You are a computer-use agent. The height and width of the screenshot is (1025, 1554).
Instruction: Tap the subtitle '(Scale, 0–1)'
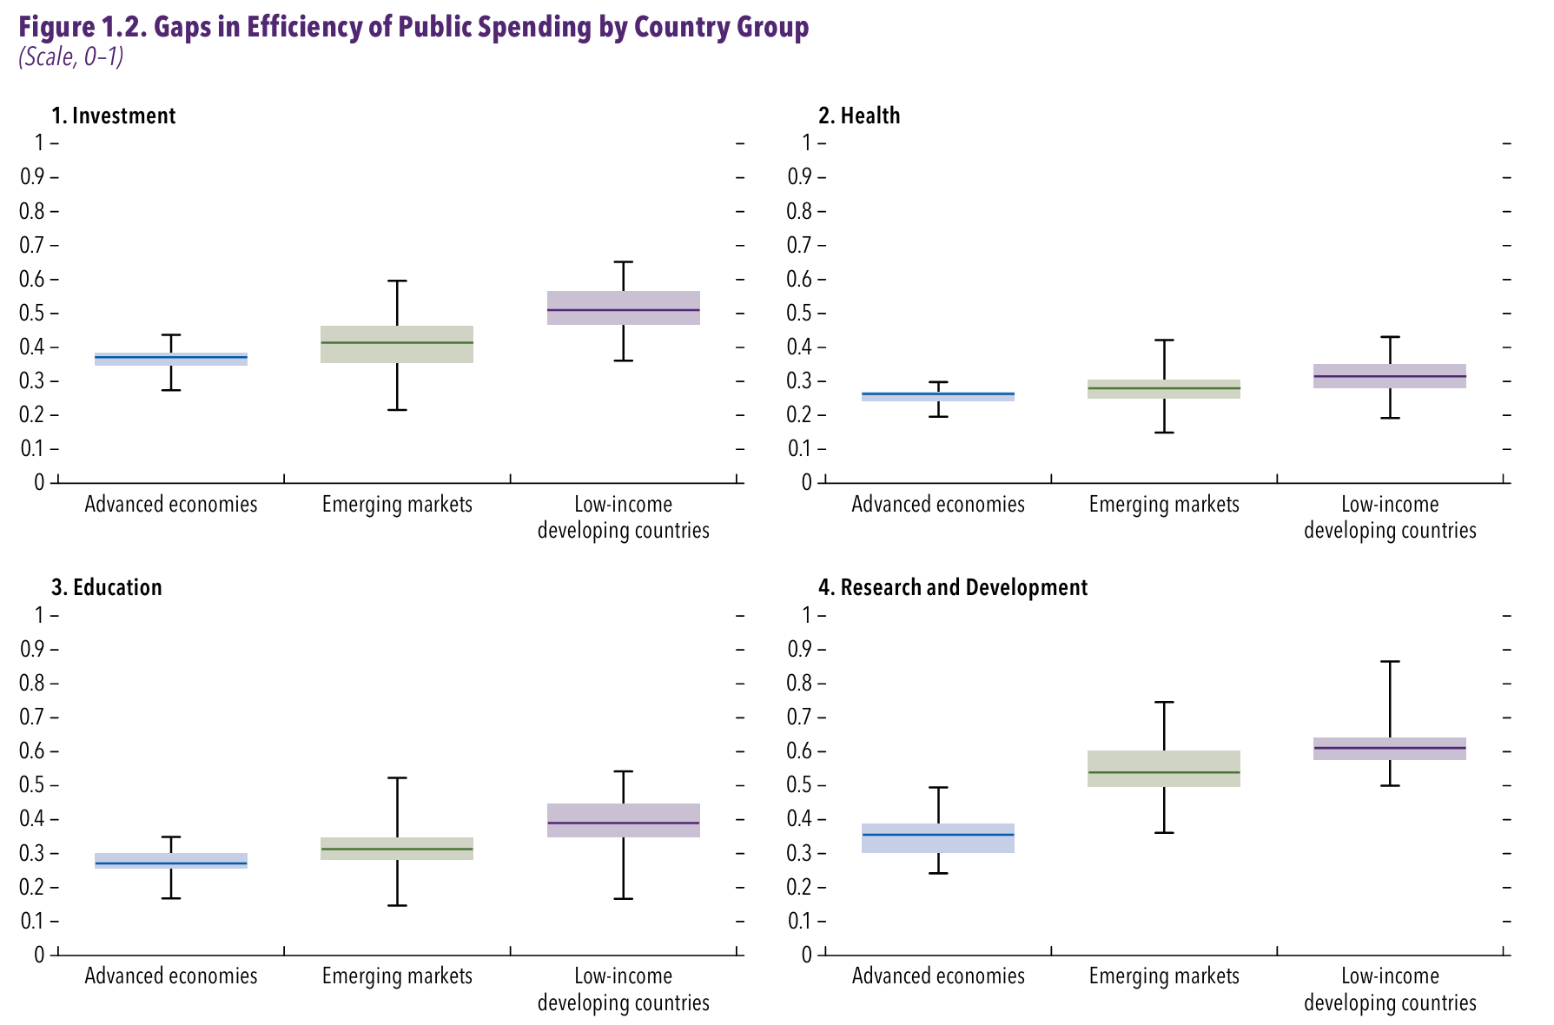[x=71, y=57]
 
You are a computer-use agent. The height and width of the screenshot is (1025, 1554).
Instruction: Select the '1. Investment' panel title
[x=114, y=116]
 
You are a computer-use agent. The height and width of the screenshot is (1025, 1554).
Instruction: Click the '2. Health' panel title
[x=859, y=116]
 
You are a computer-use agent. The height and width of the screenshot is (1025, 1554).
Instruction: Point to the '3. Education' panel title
[x=107, y=588]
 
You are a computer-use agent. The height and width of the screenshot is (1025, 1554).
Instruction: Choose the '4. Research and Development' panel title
[x=953, y=588]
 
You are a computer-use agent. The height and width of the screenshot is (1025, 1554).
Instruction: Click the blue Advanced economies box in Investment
[x=171, y=359]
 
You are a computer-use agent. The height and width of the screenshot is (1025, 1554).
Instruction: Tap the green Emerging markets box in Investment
[x=397, y=344]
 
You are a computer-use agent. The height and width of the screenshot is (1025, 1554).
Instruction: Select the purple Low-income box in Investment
[x=624, y=307]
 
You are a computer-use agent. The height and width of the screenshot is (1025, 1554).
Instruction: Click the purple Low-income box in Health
[x=1390, y=376]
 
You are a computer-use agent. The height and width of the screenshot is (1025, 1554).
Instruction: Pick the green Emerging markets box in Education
[x=397, y=849]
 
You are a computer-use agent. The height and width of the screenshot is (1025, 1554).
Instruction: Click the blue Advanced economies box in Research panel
[x=938, y=838]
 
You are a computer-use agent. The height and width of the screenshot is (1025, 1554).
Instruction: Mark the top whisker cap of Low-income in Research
[x=1390, y=662]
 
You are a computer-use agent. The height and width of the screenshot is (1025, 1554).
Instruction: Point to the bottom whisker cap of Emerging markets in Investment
[x=397, y=409]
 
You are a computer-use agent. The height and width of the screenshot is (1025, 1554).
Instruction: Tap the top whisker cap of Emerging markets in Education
[x=397, y=777]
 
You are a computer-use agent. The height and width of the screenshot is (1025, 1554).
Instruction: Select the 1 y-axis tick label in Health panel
[x=807, y=142]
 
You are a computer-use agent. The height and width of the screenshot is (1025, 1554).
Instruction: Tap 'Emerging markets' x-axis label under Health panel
[x=1164, y=505]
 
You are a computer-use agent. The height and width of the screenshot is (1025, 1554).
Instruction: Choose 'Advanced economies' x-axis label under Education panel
[x=171, y=976]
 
